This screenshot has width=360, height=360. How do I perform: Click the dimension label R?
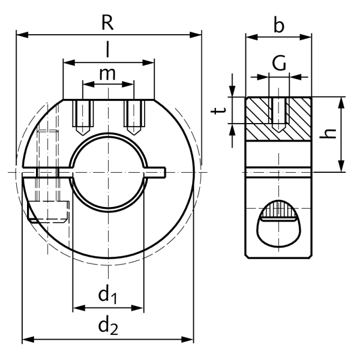tap(107, 22)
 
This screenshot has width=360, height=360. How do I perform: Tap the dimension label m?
tap(108, 74)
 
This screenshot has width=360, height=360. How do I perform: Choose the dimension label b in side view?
tap(278, 25)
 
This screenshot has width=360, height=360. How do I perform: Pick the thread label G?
tap(278, 62)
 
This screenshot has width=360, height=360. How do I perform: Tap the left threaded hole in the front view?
tap(82, 117)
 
